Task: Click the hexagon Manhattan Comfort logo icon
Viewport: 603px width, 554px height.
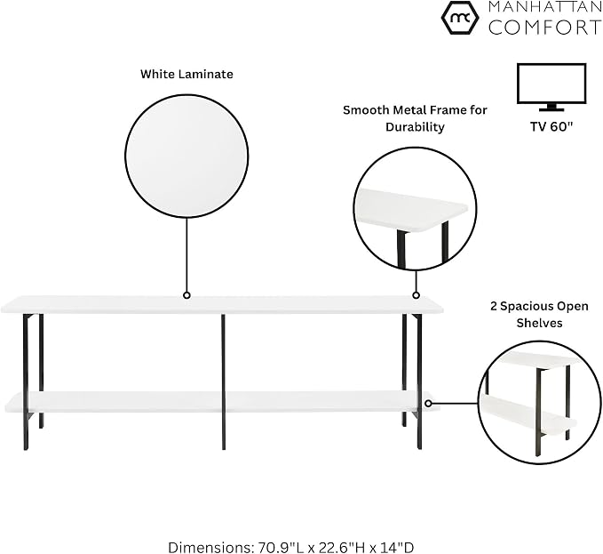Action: (460, 18)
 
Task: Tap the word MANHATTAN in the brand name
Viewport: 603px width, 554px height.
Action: (545, 6)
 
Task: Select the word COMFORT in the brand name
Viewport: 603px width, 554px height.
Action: (545, 28)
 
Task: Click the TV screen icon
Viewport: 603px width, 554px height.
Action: (551, 87)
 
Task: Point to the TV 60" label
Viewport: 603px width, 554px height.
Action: (551, 126)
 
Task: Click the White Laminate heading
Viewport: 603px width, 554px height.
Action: (186, 74)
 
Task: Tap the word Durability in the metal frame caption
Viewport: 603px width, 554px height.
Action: (415, 127)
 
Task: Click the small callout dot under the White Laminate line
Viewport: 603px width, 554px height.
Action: (186, 295)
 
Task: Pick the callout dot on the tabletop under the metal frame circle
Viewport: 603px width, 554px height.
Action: (416, 295)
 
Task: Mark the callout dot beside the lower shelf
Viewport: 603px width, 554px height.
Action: (428, 403)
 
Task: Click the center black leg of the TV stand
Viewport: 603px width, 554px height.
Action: (224, 381)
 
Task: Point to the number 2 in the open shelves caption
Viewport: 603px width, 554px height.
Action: (494, 307)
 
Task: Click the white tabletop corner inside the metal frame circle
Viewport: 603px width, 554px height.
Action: (411, 210)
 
